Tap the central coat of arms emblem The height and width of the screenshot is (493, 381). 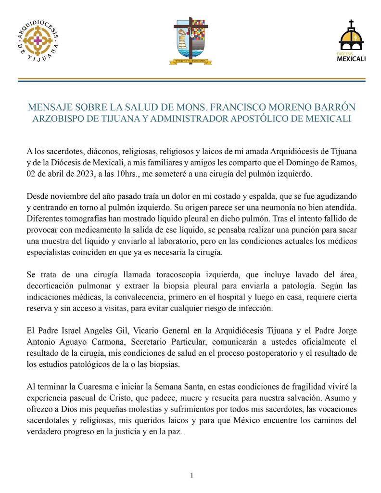pos(191,41)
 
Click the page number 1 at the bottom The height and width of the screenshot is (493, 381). pos(191,476)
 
